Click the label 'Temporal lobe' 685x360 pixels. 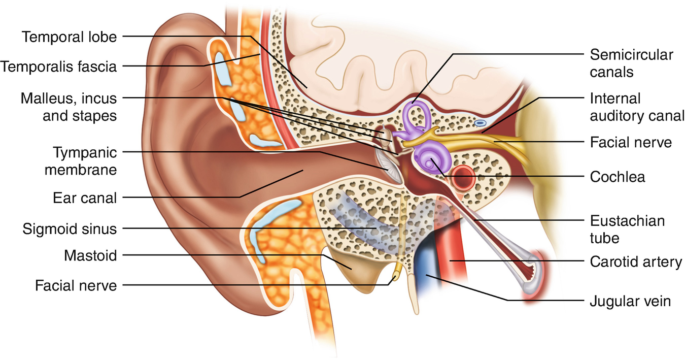(x=69, y=37)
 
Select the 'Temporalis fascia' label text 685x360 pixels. (x=59, y=66)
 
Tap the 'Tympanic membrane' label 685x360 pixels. (x=81, y=160)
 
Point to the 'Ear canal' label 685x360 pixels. (x=85, y=197)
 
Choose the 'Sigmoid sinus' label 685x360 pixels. (x=70, y=229)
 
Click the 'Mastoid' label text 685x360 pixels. (x=90, y=256)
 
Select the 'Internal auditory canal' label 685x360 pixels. (x=637, y=107)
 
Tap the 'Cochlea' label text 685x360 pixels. (x=618, y=177)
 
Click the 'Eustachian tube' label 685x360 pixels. (x=627, y=229)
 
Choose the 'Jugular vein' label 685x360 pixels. (x=630, y=302)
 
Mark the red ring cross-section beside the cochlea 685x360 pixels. (x=464, y=177)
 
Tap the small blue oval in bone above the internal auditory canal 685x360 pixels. (x=479, y=122)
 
